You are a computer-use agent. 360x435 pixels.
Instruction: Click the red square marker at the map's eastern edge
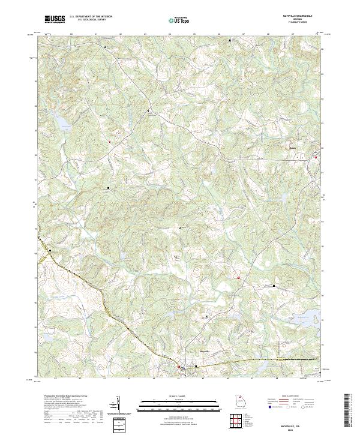pyautogui.click(x=316, y=157)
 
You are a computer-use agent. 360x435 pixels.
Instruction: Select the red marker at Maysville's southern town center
pyautogui.click(x=178, y=367)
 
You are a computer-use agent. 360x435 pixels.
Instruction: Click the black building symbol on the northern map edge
pyautogui.click(x=231, y=40)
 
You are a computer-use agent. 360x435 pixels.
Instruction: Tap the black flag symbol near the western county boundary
pyautogui.click(x=49, y=250)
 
